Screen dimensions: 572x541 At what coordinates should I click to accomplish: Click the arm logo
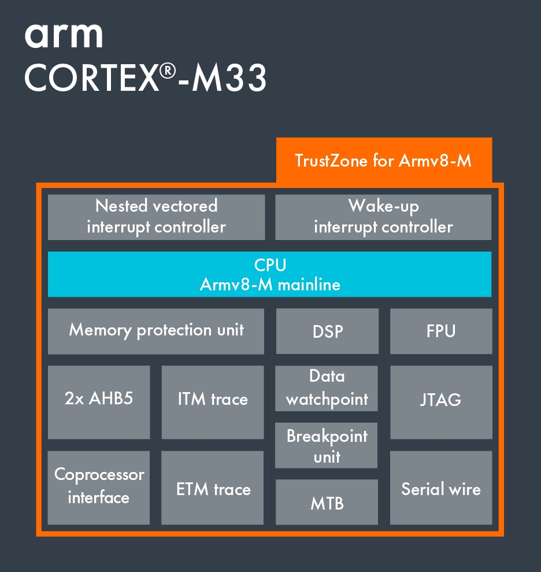[x=64, y=36]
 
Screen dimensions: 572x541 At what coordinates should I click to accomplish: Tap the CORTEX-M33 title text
[x=145, y=78]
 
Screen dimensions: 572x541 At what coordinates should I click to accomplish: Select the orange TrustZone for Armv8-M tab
[x=384, y=160]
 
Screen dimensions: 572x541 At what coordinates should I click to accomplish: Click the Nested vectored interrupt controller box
[x=156, y=217]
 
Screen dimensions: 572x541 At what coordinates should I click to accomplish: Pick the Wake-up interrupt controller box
[x=383, y=217]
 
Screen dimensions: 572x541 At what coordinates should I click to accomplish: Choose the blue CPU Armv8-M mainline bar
[x=269, y=274]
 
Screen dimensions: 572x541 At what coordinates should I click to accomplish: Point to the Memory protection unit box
[x=156, y=331]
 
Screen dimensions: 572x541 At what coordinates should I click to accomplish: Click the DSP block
[x=327, y=331]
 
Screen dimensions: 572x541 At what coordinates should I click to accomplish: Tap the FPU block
[x=441, y=331]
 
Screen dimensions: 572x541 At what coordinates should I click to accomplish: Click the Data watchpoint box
[x=327, y=388]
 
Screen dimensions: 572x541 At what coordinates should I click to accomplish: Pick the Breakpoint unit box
[x=327, y=445]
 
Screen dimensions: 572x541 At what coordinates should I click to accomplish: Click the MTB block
[x=327, y=502]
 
